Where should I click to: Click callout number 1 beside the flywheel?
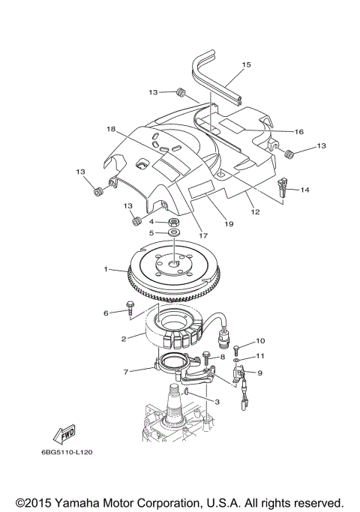pyautogui.click(x=106, y=268)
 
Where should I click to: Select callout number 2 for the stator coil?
pyautogui.click(x=124, y=338)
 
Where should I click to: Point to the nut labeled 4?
pyautogui.click(x=173, y=222)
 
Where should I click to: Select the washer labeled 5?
pyautogui.click(x=173, y=233)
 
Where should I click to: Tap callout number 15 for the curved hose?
pyautogui.click(x=245, y=65)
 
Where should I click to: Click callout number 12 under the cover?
pyautogui.click(x=255, y=212)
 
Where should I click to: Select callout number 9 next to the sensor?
pyautogui.click(x=259, y=372)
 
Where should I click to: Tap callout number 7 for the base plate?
pyautogui.click(x=127, y=371)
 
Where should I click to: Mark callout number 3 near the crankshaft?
pyautogui.click(x=217, y=403)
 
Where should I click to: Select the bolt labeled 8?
pyautogui.click(x=206, y=358)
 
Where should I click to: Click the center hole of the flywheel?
pyautogui.click(x=173, y=262)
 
